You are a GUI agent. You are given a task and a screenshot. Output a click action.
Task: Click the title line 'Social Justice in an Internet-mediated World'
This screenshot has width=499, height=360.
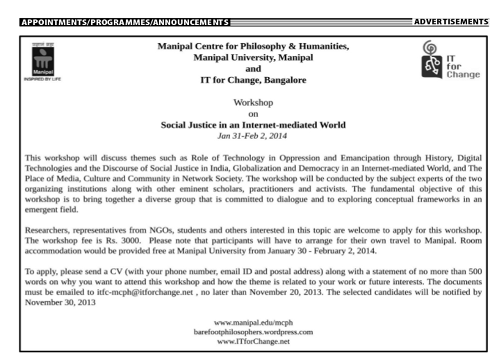point(253,125)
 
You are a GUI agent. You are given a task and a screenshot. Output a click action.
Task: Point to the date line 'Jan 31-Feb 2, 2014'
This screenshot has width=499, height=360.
point(253,135)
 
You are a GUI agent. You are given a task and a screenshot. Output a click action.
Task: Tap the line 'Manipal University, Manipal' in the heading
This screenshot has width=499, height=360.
point(253,58)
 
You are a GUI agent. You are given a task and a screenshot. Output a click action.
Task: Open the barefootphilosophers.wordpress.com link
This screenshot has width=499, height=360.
point(253,332)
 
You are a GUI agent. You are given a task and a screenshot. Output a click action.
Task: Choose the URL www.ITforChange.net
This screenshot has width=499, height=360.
point(253,341)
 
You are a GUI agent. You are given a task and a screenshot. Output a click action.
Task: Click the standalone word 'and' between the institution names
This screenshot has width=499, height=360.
point(253,69)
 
